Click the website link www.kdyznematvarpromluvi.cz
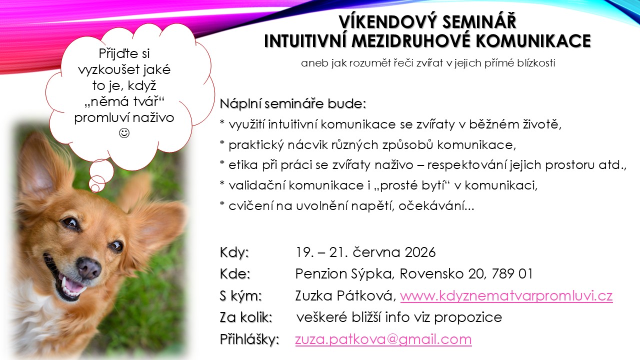506,295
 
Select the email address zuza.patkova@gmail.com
383,339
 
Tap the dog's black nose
89,267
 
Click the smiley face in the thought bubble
124,133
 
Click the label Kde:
235,273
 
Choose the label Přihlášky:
249,339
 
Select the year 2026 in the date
420,252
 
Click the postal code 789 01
512,273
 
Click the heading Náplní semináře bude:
293,103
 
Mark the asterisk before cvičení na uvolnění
222,204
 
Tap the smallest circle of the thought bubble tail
95,188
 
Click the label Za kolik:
246,317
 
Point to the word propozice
468,317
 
